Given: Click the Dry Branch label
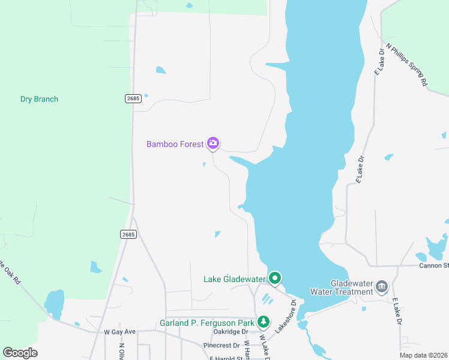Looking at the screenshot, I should pyautogui.click(x=39, y=99).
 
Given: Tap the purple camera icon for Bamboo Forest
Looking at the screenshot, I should pyautogui.click(x=212, y=143).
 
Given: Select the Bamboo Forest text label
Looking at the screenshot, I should pyautogui.click(x=175, y=144).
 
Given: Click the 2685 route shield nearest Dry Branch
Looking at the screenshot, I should pyautogui.click(x=133, y=98).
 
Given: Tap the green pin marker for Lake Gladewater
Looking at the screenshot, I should pyautogui.click(x=275, y=278).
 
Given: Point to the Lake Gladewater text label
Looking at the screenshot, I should pyautogui.click(x=234, y=279).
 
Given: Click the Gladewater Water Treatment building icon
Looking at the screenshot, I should pyautogui.click(x=382, y=287).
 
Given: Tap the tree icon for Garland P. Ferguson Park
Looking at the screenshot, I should pyautogui.click(x=263, y=322).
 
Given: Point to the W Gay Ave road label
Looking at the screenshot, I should pyautogui.click(x=120, y=331).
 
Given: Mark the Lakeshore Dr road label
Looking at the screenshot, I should pyautogui.click(x=286, y=316).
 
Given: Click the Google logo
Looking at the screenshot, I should pyautogui.click(x=20, y=353).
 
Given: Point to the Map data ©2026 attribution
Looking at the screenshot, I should pyautogui.click(x=423, y=355).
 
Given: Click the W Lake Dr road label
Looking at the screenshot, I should pyautogui.click(x=264, y=346).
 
